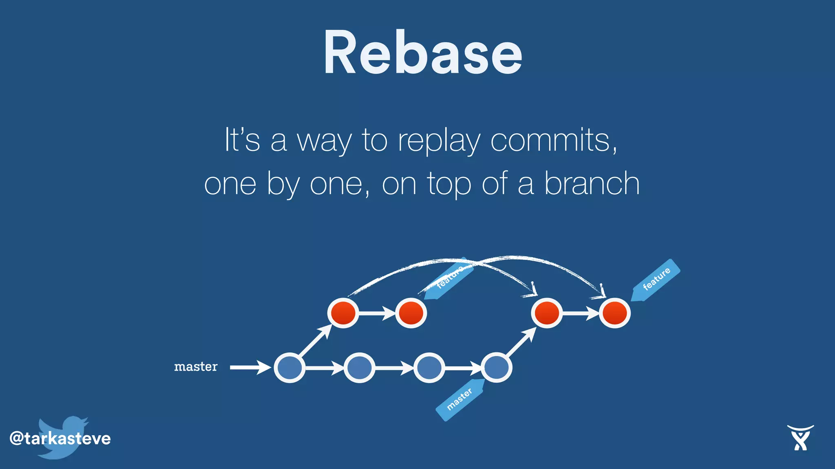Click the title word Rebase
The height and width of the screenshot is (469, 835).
pos(423,53)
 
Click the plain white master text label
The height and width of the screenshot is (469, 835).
pos(196,367)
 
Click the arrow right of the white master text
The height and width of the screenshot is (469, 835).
pos(250,367)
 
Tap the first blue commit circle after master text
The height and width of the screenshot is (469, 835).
pos(289,368)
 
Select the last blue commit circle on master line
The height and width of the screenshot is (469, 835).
pos(496,368)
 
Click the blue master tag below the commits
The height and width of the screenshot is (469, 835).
pos(460,399)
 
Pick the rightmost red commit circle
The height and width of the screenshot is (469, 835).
pos(615,313)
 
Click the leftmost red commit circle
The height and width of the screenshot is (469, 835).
pos(343,313)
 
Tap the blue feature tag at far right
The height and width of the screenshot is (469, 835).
pos(656,279)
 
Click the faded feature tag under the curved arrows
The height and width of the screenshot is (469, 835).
pos(448,278)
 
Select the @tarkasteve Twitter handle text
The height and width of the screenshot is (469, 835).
pos(60,438)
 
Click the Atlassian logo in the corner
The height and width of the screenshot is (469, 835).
pos(800,438)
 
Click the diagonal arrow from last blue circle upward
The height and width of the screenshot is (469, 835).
pos(521,342)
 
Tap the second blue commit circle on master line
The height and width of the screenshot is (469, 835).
pos(359,368)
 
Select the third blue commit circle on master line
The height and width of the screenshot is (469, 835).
pos(429,368)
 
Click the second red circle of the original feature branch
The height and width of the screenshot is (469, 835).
pos(411,313)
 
